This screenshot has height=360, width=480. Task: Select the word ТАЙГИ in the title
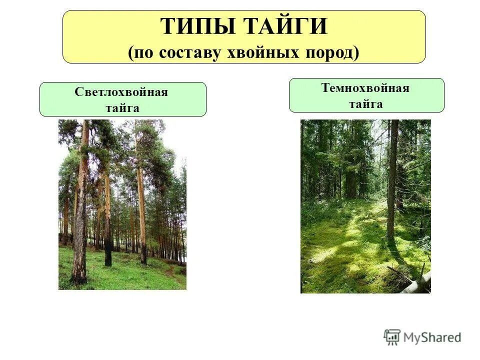pyautogui.click(x=286, y=26)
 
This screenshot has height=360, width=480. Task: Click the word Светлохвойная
pyautogui.click(x=121, y=92)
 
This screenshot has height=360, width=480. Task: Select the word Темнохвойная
pyautogui.click(x=365, y=88)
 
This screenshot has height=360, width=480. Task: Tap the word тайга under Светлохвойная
pyautogui.click(x=122, y=107)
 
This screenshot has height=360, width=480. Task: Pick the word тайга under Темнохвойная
pyautogui.click(x=366, y=104)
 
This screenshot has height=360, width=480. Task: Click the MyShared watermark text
pyautogui.click(x=432, y=337)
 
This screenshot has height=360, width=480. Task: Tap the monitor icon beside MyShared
pyautogui.click(x=392, y=337)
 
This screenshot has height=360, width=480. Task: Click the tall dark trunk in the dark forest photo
pyautogui.click(x=392, y=180)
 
